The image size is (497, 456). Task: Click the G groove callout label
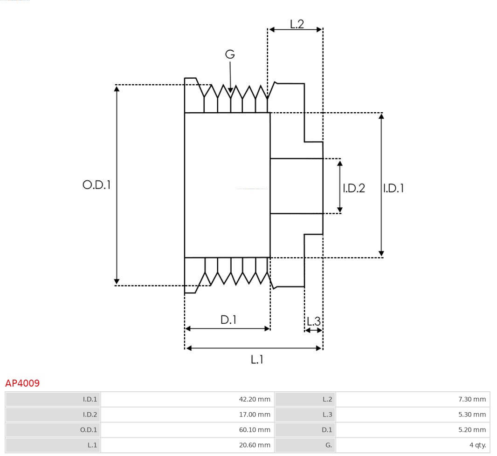pos(230,54)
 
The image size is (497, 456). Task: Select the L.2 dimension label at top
pos(297,24)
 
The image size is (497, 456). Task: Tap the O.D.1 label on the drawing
pos(97,185)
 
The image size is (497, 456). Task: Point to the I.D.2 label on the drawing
pos(354,188)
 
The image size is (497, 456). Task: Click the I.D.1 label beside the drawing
pos(393,188)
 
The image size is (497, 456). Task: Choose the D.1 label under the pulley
pos(228,320)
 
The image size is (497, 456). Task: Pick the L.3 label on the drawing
pos(313,321)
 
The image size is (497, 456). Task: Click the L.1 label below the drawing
pos(257,359)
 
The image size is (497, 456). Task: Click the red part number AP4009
pos(22,383)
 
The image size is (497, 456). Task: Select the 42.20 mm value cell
pos(254,399)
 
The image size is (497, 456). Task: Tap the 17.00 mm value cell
pos(254,415)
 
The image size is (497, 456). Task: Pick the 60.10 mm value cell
pos(254,430)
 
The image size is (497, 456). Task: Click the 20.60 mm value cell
pos(254,445)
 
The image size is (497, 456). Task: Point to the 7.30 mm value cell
pos(472,399)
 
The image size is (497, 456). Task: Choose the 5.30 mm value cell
pos(472,415)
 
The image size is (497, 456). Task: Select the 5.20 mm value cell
pos(472,430)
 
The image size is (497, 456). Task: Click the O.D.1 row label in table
pos(90,430)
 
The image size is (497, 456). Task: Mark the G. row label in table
pos(329,445)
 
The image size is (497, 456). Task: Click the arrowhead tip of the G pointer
pos(230,92)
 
